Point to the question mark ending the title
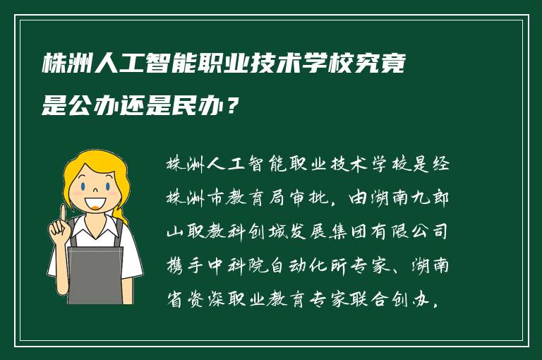(x=234, y=107)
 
